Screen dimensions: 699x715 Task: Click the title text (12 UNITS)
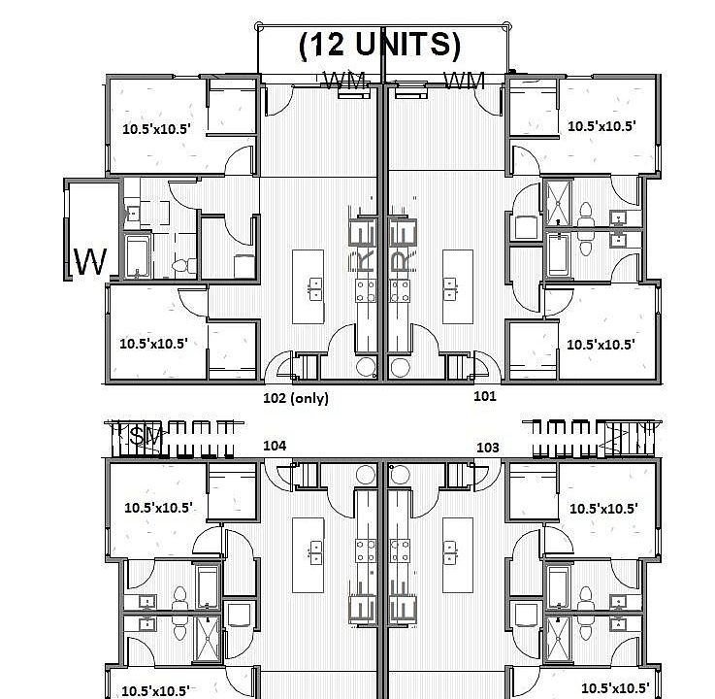pos(379,45)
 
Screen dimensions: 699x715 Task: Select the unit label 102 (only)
pos(296,397)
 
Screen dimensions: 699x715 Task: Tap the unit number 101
pos(484,396)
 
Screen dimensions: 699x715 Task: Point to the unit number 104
pos(275,445)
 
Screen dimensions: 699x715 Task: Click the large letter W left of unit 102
pos(90,262)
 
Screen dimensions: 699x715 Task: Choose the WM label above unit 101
pos(464,83)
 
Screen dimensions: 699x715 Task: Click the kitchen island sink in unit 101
pos(451,287)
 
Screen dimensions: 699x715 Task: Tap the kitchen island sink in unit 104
pos(315,553)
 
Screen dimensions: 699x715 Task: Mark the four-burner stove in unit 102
pos(366,287)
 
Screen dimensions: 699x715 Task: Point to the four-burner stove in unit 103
pos(398,551)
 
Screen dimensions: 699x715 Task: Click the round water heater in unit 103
pos(400,474)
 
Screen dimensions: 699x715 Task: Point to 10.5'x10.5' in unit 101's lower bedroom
pos(600,344)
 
